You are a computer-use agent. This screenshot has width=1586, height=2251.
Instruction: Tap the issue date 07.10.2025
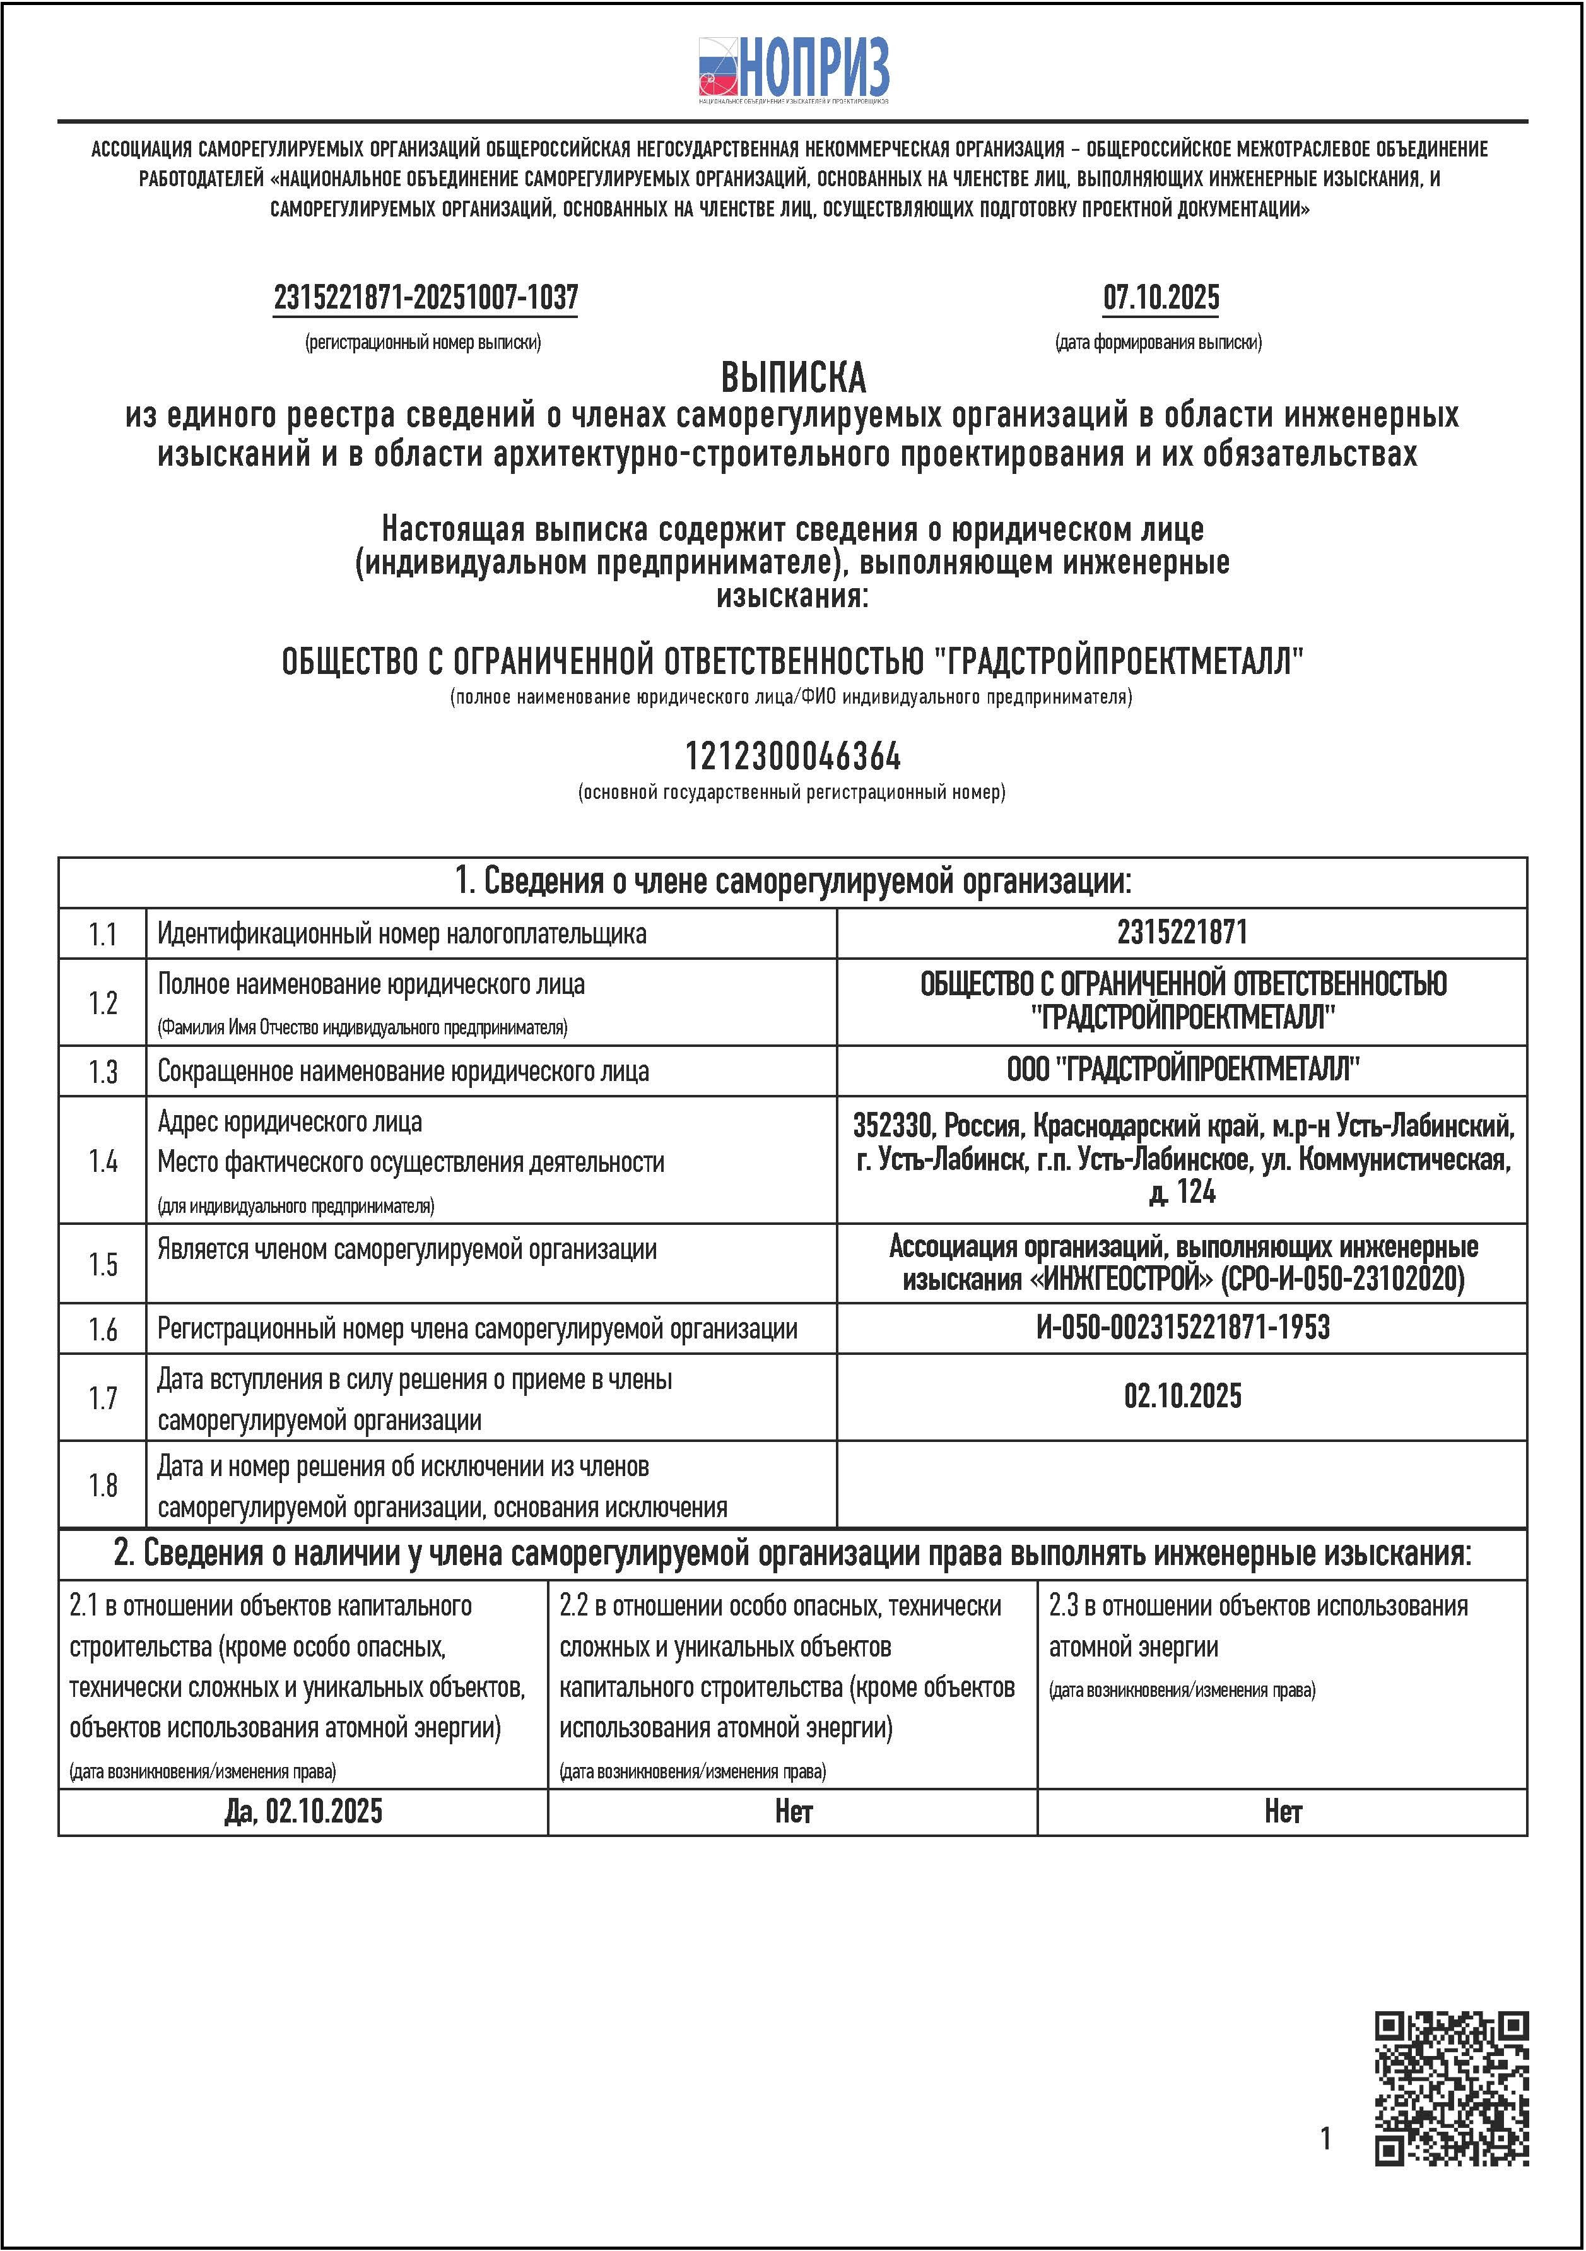tap(1161, 297)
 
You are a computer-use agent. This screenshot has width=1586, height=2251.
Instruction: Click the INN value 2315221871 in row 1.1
tap(1182, 932)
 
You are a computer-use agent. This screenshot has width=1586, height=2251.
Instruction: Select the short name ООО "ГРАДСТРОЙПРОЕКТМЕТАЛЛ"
tap(1182, 1070)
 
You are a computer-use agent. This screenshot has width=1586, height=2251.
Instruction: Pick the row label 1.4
tap(103, 1161)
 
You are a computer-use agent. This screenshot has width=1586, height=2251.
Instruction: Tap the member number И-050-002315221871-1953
tap(1182, 1328)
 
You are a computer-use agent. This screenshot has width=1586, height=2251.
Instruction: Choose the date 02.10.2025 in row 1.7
tap(1182, 1395)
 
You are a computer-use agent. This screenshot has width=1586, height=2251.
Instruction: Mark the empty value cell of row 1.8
tap(1182, 1484)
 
